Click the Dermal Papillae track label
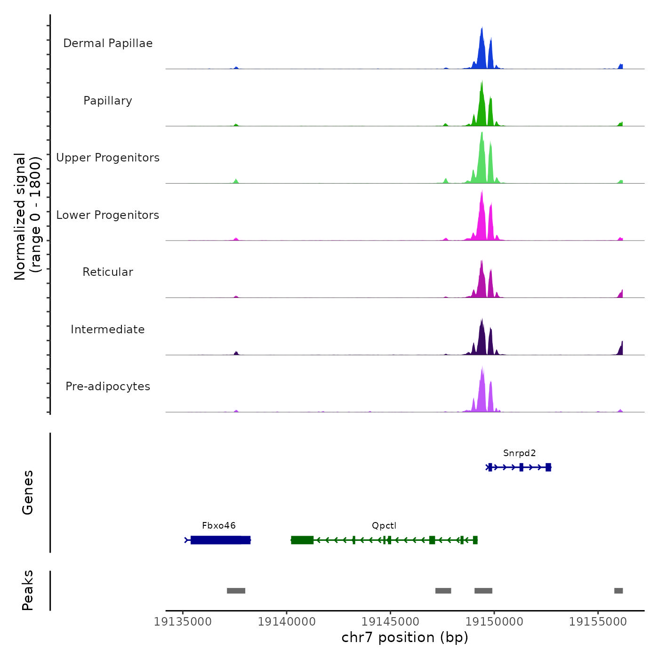click(108, 43)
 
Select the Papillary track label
click(108, 101)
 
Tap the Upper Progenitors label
click(108, 158)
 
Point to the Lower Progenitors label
click(108, 215)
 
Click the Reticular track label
click(108, 272)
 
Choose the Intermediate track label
click(108, 329)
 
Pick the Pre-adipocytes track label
click(108, 386)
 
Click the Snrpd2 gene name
click(519, 453)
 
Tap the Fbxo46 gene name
click(218, 526)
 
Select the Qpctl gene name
click(384, 526)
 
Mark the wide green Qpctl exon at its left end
click(302, 540)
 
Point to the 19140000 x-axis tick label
click(287, 622)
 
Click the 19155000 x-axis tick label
click(598, 622)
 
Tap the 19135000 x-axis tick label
click(183, 622)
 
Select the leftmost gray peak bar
click(236, 591)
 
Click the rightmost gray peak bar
click(619, 591)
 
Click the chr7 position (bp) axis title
click(405, 637)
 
